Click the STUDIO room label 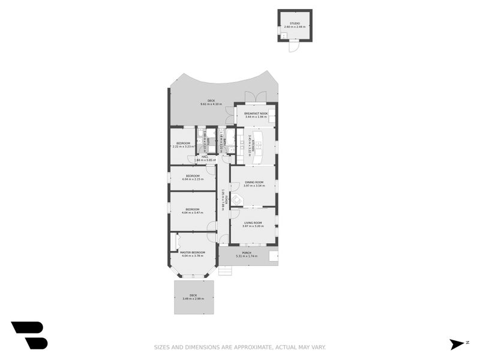[x=295, y=23]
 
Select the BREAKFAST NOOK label [x=255, y=113]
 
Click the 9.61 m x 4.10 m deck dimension [x=211, y=104]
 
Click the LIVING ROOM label [x=253, y=223]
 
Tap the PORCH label [x=247, y=253]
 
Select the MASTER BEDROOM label [x=193, y=252]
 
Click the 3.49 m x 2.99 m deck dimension [x=193, y=298]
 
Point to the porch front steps [x=225, y=271]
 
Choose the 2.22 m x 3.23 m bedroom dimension [x=182, y=146]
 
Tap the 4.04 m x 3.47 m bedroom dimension [x=193, y=212]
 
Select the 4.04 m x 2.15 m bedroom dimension [x=193, y=179]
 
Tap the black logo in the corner [x=29, y=335]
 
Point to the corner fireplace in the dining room [x=237, y=200]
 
